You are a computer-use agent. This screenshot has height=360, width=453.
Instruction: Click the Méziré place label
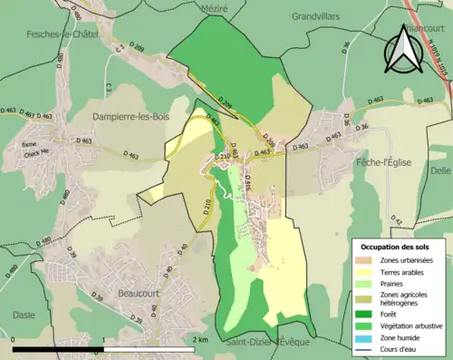pos(214,7)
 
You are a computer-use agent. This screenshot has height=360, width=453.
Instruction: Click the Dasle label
pos(24,315)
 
